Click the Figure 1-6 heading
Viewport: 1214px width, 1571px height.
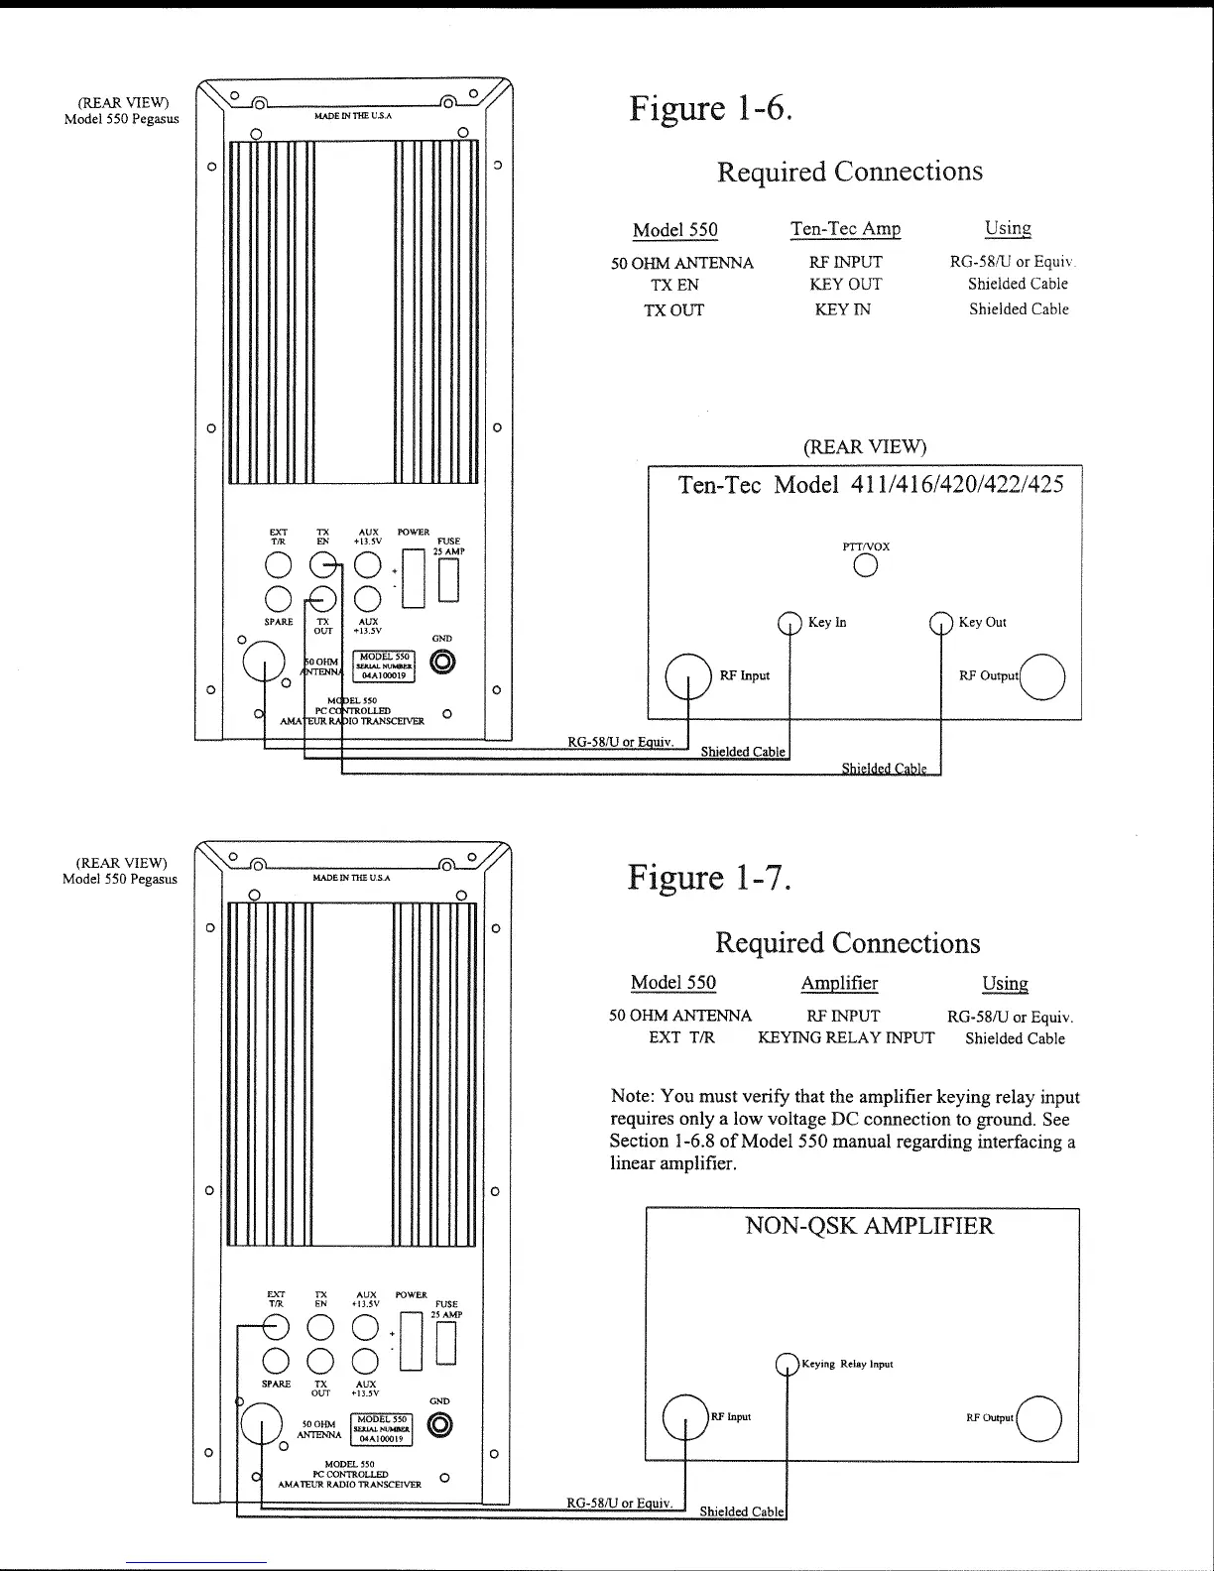click(x=710, y=108)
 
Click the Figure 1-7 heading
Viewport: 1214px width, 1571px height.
click(x=709, y=878)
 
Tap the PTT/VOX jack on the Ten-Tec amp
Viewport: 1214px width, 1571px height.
click(x=866, y=565)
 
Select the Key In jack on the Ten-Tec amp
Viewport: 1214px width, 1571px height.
click(x=789, y=623)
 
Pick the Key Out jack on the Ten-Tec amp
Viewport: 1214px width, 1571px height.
click(x=940, y=623)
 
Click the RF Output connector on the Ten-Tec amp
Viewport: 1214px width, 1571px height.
click(x=1042, y=678)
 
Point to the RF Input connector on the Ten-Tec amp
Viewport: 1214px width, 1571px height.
click(x=688, y=677)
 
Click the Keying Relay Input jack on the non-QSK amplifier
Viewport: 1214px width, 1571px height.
click(x=787, y=1365)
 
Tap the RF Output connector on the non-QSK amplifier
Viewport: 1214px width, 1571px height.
click(x=1038, y=1418)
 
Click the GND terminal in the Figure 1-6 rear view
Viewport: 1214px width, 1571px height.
click(x=442, y=662)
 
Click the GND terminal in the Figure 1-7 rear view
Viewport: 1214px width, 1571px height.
click(x=440, y=1425)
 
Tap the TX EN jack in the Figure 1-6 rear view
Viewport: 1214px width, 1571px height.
click(x=323, y=565)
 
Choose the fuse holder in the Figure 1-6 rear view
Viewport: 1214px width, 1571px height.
click(x=448, y=581)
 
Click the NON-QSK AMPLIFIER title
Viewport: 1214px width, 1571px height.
click(x=869, y=1226)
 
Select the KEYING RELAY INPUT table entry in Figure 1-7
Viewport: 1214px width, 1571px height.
click(x=846, y=1038)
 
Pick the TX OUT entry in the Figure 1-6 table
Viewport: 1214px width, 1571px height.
click(x=673, y=310)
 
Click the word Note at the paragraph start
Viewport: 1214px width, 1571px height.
click(x=632, y=1097)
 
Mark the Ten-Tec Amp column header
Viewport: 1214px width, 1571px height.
click(x=845, y=229)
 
